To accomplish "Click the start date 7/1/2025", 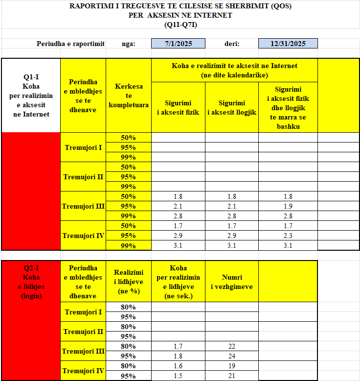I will tap(179, 44).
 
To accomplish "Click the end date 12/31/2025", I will tap(288, 44).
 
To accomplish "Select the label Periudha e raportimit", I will tap(70, 44).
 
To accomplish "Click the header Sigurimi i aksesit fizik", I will tap(178, 107).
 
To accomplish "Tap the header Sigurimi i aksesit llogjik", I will tap(232, 107).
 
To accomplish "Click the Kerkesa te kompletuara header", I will tap(129, 95).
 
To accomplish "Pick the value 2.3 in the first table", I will tap(288, 236).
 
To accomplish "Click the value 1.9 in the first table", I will tap(288, 206).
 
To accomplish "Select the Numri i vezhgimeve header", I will tap(232, 282).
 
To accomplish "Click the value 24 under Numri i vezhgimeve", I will tap(232, 356).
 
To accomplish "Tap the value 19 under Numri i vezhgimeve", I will tap(232, 366).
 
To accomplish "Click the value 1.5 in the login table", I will tap(178, 376).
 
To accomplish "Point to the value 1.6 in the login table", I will tap(178, 366).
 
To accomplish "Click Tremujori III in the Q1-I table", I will tap(83, 206).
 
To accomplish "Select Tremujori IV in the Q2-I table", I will tap(83, 371).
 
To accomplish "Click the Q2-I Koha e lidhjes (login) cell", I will tap(30, 282).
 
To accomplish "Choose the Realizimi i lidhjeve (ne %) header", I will tap(129, 282).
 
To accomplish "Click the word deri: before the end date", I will tap(232, 44).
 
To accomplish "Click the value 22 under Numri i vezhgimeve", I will tap(232, 346).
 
